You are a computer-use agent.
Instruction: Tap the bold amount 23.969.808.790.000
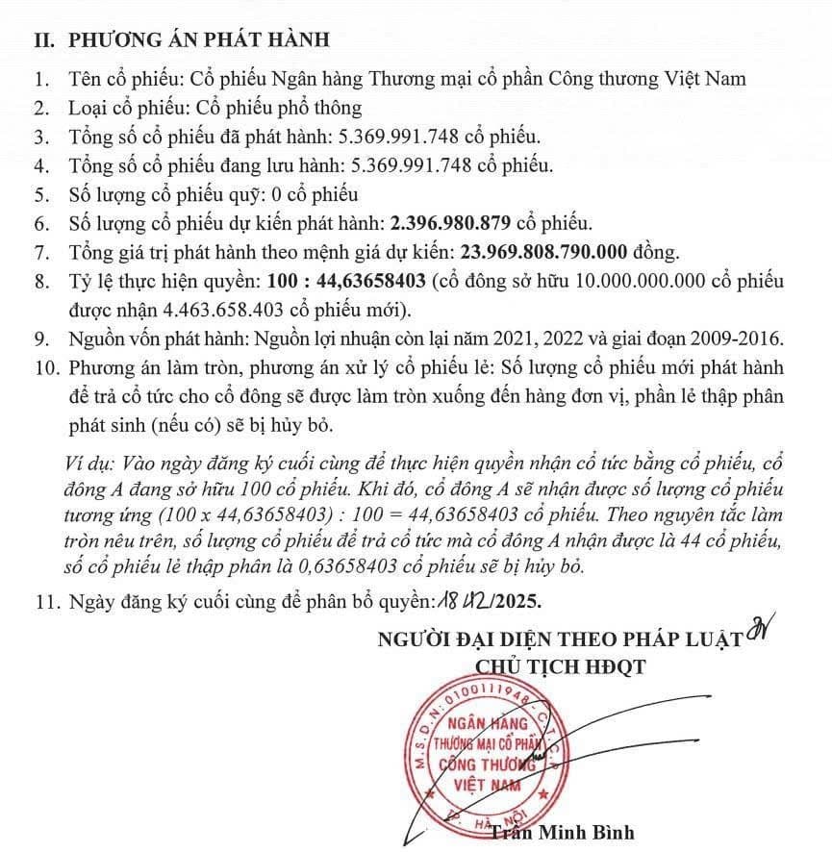pos(545,253)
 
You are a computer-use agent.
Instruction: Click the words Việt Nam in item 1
pos(703,80)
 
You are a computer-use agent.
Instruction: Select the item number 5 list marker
pos(40,194)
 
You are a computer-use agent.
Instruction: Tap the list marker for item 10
pos(45,367)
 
